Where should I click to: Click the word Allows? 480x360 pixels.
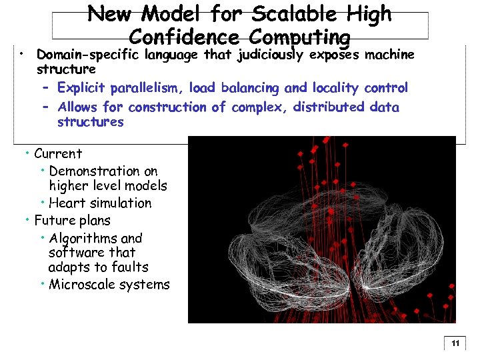point(77,107)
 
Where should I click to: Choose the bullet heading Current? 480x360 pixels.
point(57,154)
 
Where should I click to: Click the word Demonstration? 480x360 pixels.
point(103,171)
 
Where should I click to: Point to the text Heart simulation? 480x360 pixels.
point(100,203)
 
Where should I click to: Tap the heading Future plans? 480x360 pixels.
point(72,221)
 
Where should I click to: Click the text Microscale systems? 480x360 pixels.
point(109,285)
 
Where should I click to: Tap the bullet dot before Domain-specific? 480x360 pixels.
point(23,52)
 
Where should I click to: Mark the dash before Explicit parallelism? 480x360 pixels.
point(45,88)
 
